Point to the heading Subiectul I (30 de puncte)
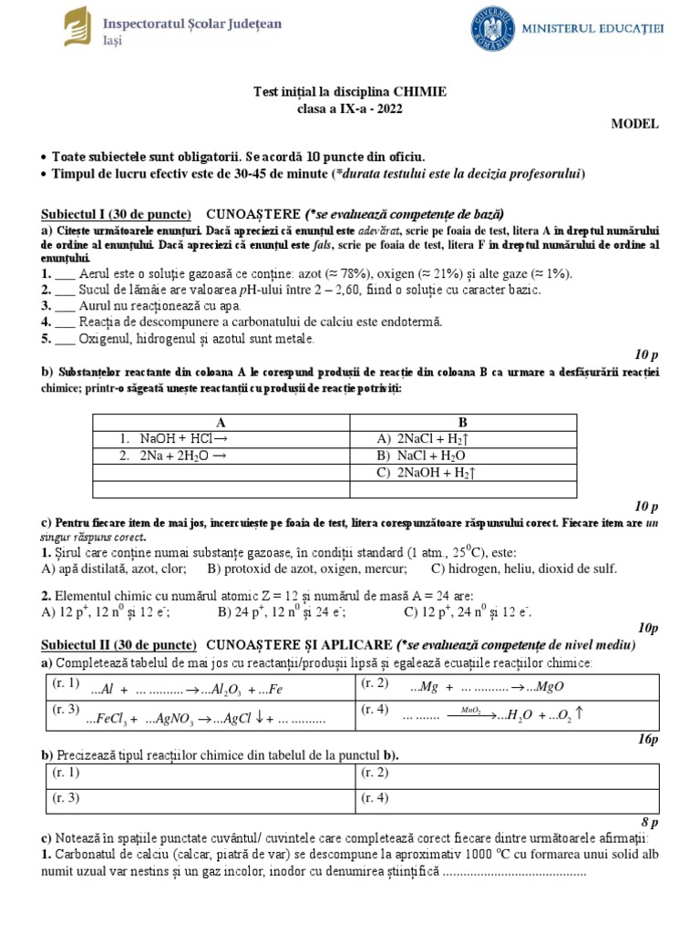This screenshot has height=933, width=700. coord(116,213)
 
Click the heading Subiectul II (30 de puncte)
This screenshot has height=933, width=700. coord(118,644)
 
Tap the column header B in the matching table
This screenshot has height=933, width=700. coord(462,422)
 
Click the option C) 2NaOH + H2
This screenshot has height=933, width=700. coord(427,473)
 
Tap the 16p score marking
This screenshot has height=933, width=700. coord(648,741)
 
